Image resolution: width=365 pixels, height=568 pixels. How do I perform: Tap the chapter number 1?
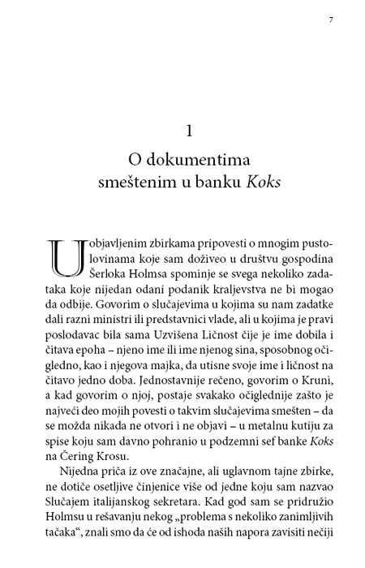coord(188,130)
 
